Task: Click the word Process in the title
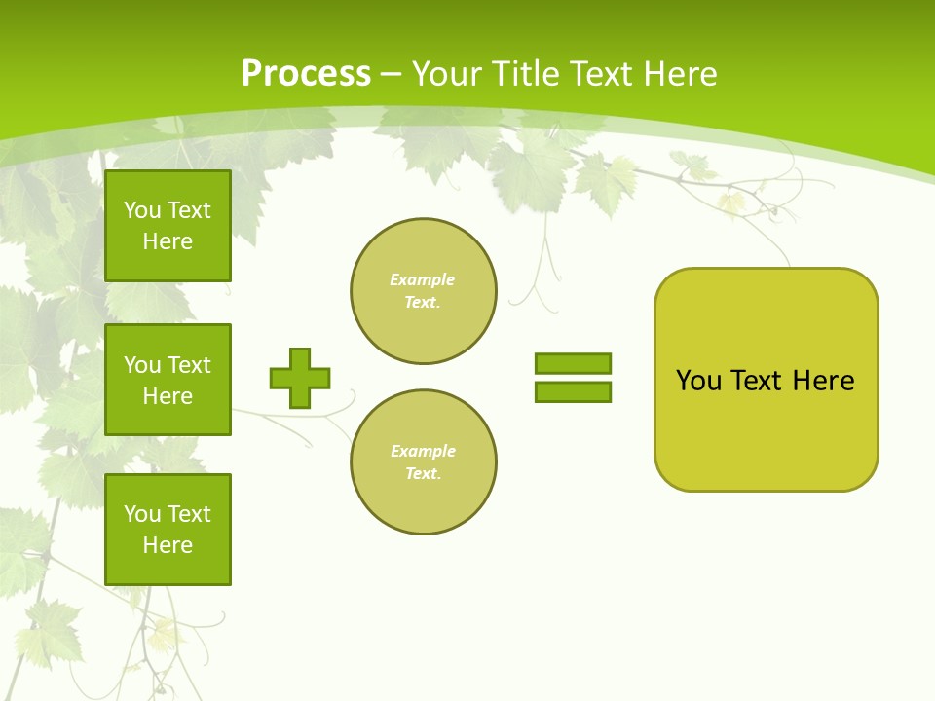click(306, 74)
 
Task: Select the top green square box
click(168, 226)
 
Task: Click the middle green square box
click(168, 380)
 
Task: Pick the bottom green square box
click(168, 530)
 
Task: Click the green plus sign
click(300, 378)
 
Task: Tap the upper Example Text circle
click(424, 291)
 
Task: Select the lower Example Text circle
click(424, 462)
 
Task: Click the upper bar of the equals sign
click(573, 363)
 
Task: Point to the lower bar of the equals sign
click(573, 391)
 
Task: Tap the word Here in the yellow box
click(823, 381)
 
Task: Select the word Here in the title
click(675, 74)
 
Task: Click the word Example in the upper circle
click(422, 279)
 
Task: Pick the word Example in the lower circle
click(423, 451)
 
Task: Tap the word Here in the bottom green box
click(168, 545)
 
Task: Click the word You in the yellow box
click(698, 381)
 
